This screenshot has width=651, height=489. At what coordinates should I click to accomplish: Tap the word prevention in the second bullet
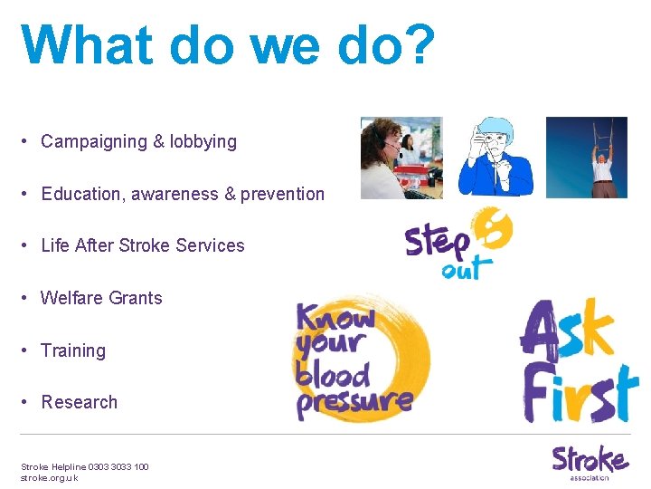click(282, 194)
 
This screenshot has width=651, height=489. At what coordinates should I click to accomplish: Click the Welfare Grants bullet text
click(101, 298)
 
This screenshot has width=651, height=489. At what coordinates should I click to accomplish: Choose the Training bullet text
click(73, 350)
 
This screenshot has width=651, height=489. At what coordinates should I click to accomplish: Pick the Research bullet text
click(80, 402)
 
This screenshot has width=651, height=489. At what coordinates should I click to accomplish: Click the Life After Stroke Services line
click(143, 245)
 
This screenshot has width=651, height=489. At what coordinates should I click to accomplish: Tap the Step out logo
click(458, 244)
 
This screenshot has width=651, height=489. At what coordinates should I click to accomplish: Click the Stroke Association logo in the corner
click(590, 462)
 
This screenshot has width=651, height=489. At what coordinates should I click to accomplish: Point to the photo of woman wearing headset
click(401, 158)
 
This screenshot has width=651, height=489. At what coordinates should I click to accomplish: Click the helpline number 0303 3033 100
click(118, 466)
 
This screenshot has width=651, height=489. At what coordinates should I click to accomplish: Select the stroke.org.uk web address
click(50, 477)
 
